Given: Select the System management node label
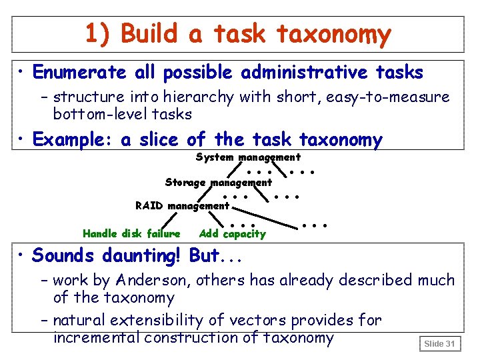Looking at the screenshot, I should tap(248, 157).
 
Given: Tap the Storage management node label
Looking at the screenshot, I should tap(218, 182).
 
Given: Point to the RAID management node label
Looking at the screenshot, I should tap(182, 205).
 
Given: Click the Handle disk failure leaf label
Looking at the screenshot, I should tap(131, 233).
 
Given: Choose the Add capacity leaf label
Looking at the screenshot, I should tap(232, 233).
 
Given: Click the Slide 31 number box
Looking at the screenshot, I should tap(439, 343).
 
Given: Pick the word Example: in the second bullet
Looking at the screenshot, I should tap(73, 140).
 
